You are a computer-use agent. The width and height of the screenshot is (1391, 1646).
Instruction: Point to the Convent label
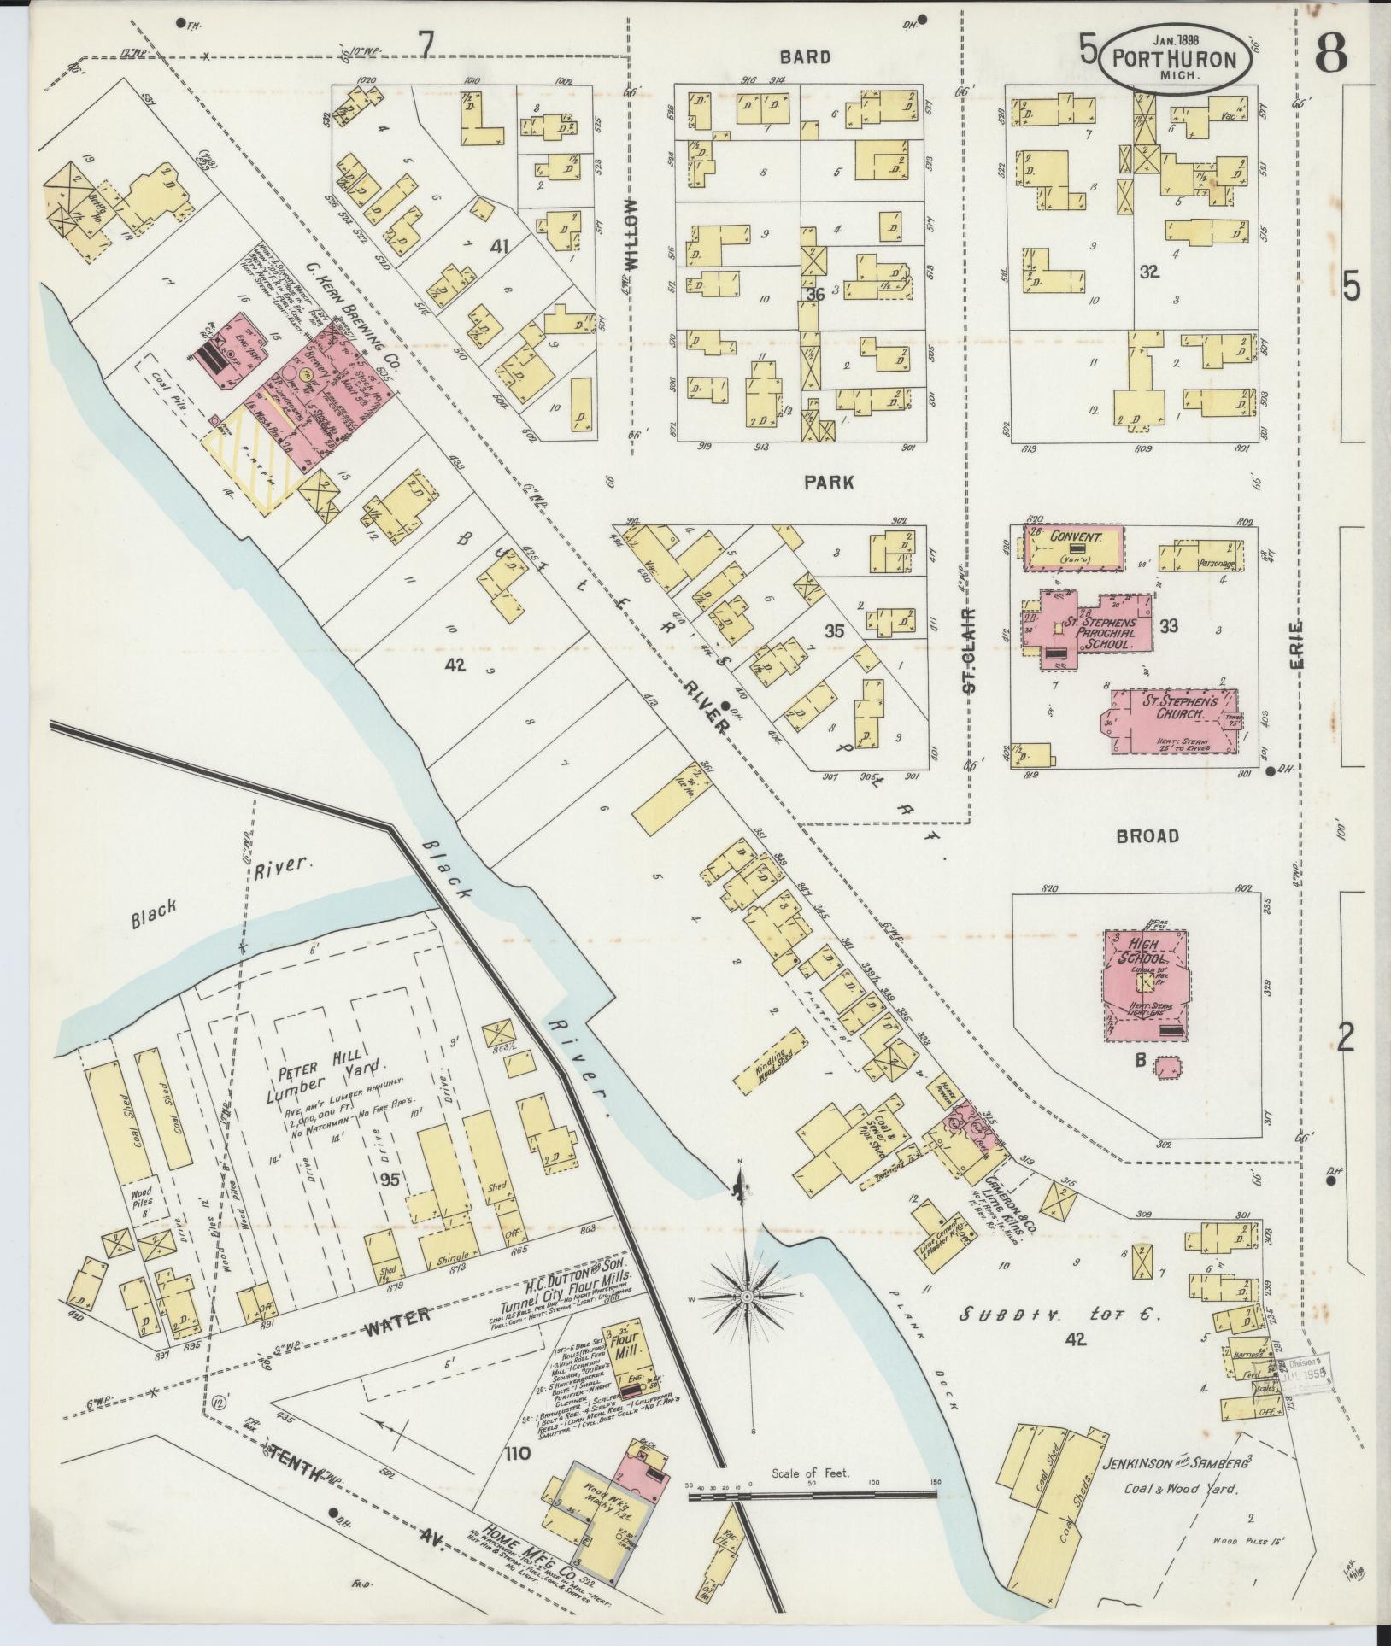(x=1073, y=538)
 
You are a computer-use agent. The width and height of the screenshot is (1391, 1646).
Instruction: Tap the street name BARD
(x=805, y=57)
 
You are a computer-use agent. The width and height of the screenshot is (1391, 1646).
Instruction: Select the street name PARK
(x=827, y=483)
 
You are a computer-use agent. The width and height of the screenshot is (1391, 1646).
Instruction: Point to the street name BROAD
(x=1147, y=835)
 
